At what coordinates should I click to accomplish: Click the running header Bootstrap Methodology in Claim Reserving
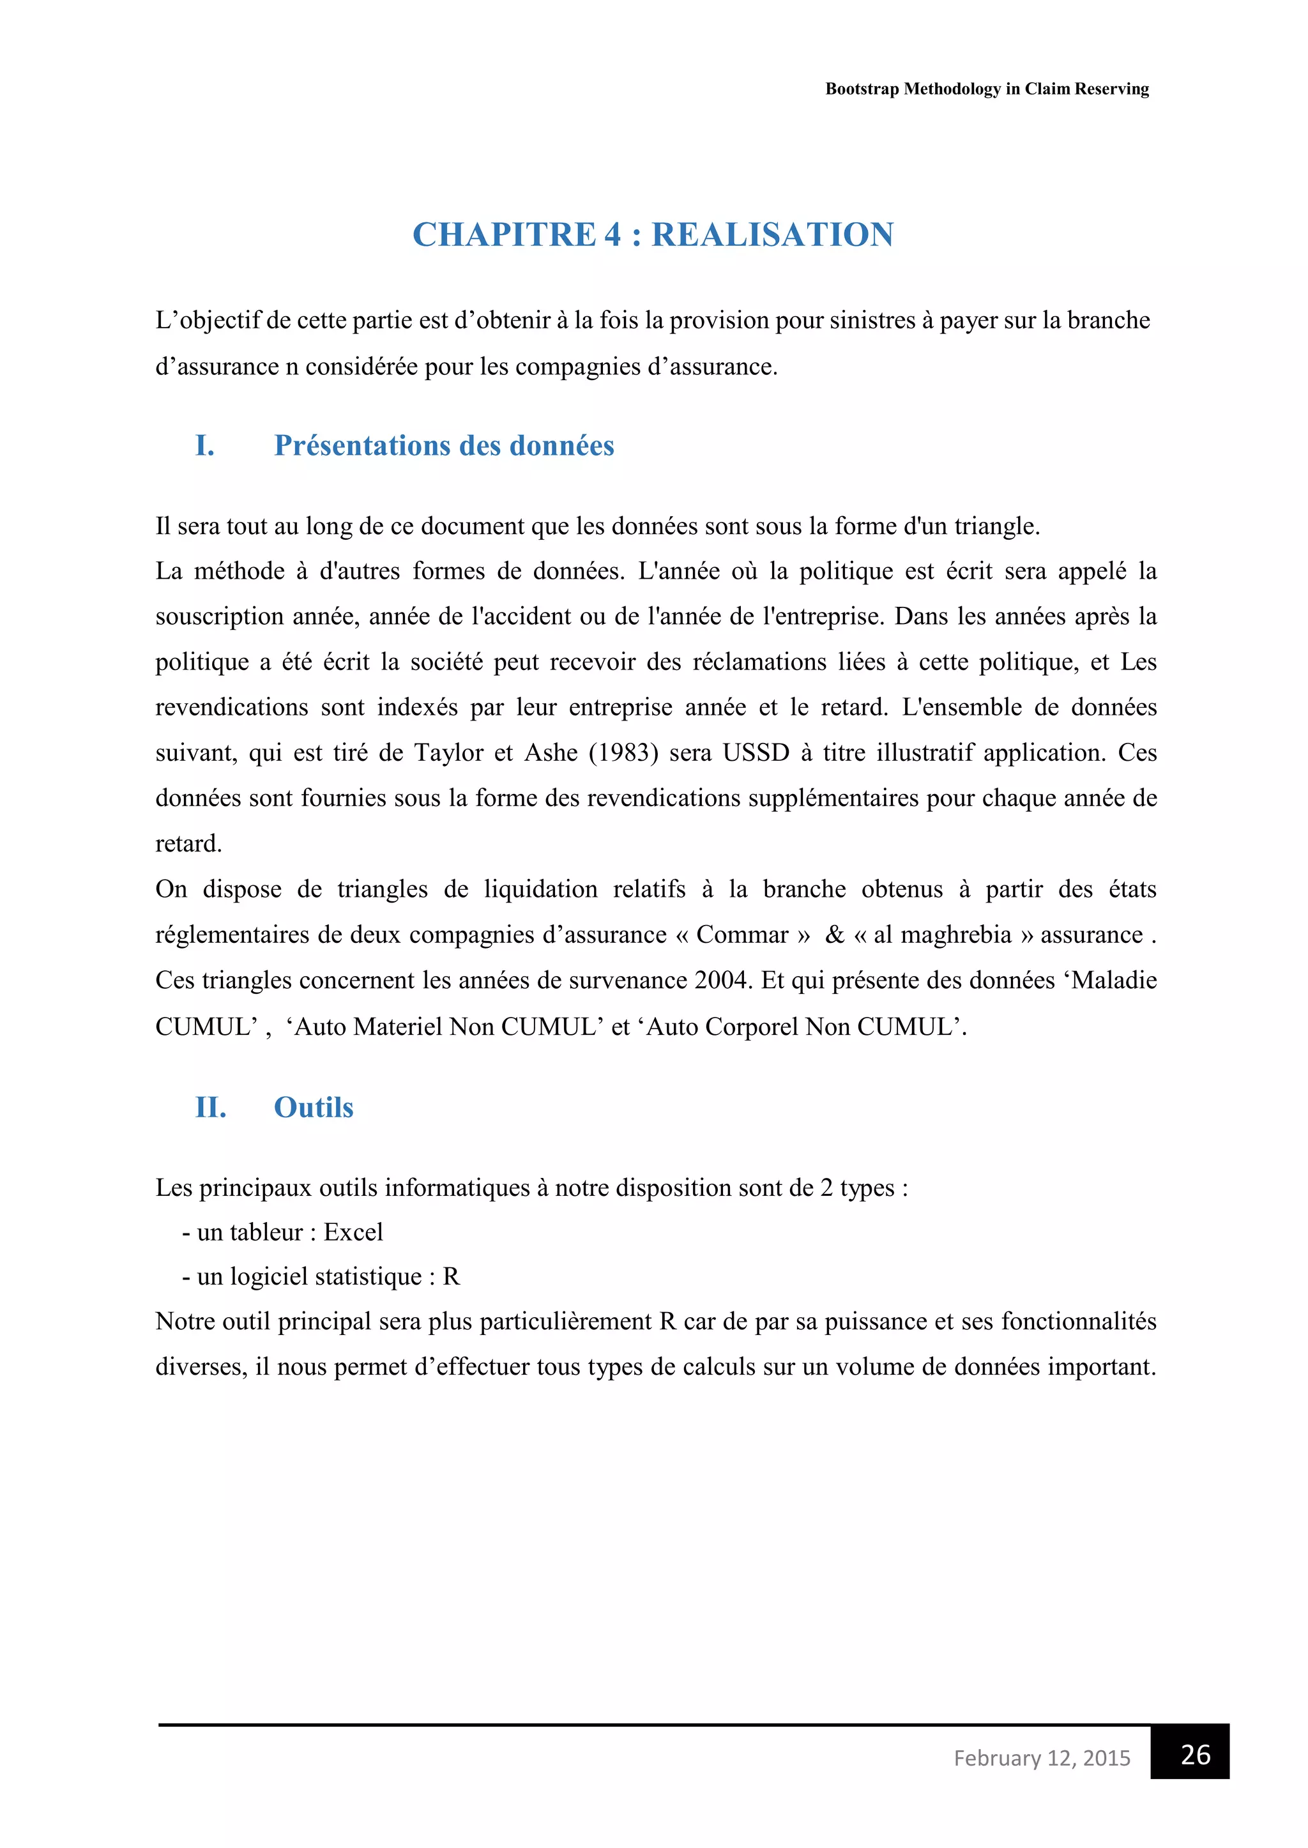[987, 89]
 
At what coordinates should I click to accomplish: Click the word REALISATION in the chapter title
[772, 235]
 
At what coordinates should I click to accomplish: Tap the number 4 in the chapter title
[613, 235]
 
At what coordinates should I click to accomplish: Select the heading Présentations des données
[444, 445]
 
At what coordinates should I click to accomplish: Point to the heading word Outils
[314, 1108]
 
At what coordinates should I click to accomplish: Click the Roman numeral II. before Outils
[210, 1108]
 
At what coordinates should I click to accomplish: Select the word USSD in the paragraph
[756, 752]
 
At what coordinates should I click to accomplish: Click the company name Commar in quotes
[741, 935]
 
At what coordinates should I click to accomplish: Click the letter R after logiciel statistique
[451, 1277]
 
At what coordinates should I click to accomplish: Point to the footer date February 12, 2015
[1042, 1758]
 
